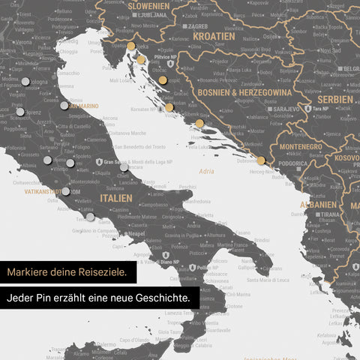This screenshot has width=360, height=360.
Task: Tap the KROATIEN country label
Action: click(x=213, y=36)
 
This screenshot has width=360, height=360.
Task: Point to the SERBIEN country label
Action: click(x=334, y=99)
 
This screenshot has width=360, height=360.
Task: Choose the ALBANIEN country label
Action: click(x=317, y=204)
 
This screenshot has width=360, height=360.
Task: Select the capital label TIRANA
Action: click(x=327, y=214)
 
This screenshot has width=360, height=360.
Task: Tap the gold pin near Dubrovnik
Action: click(x=260, y=160)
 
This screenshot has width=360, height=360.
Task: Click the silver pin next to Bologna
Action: click(x=25, y=81)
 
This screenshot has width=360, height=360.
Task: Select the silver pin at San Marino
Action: click(x=64, y=105)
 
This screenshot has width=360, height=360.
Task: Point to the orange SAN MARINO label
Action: click(x=85, y=106)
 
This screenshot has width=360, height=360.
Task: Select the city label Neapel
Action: click(x=136, y=233)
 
